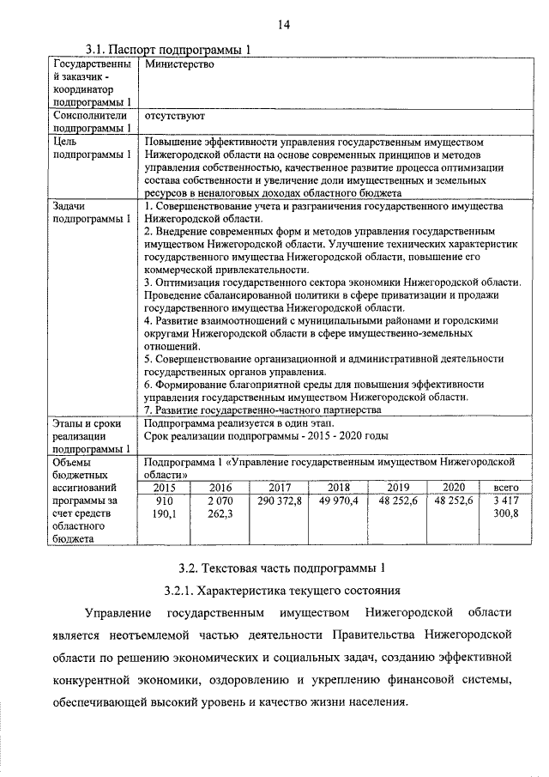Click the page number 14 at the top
coord(283,25)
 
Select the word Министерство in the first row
coord(179,64)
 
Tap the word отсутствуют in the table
coord(175,114)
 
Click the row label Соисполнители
coord(90,114)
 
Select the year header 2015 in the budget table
coord(164,487)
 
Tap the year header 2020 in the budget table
coord(453,487)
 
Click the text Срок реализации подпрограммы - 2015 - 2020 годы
coord(266,435)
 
